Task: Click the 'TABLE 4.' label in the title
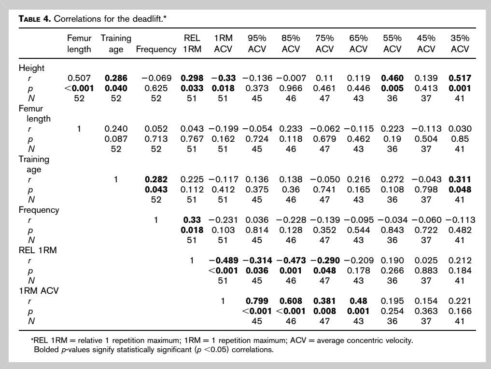[x=34, y=19]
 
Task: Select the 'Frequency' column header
[x=156, y=49]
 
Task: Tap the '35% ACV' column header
[x=460, y=43]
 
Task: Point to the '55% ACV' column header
[x=392, y=43]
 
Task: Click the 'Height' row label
[x=31, y=68]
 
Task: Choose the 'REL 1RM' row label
[x=38, y=250]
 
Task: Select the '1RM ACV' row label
[x=39, y=291]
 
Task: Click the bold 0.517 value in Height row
[x=460, y=78]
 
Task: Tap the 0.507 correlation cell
[x=79, y=78]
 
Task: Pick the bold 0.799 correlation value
[x=257, y=301]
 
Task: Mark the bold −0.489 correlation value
[x=223, y=260]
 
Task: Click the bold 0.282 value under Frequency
[x=156, y=179]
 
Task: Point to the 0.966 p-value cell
[x=291, y=88]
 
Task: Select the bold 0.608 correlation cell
[x=291, y=301]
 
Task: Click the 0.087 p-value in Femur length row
[x=116, y=138]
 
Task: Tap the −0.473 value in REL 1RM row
[x=291, y=260]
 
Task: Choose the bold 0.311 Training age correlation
[x=460, y=179]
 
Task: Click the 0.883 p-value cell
[x=426, y=271]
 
